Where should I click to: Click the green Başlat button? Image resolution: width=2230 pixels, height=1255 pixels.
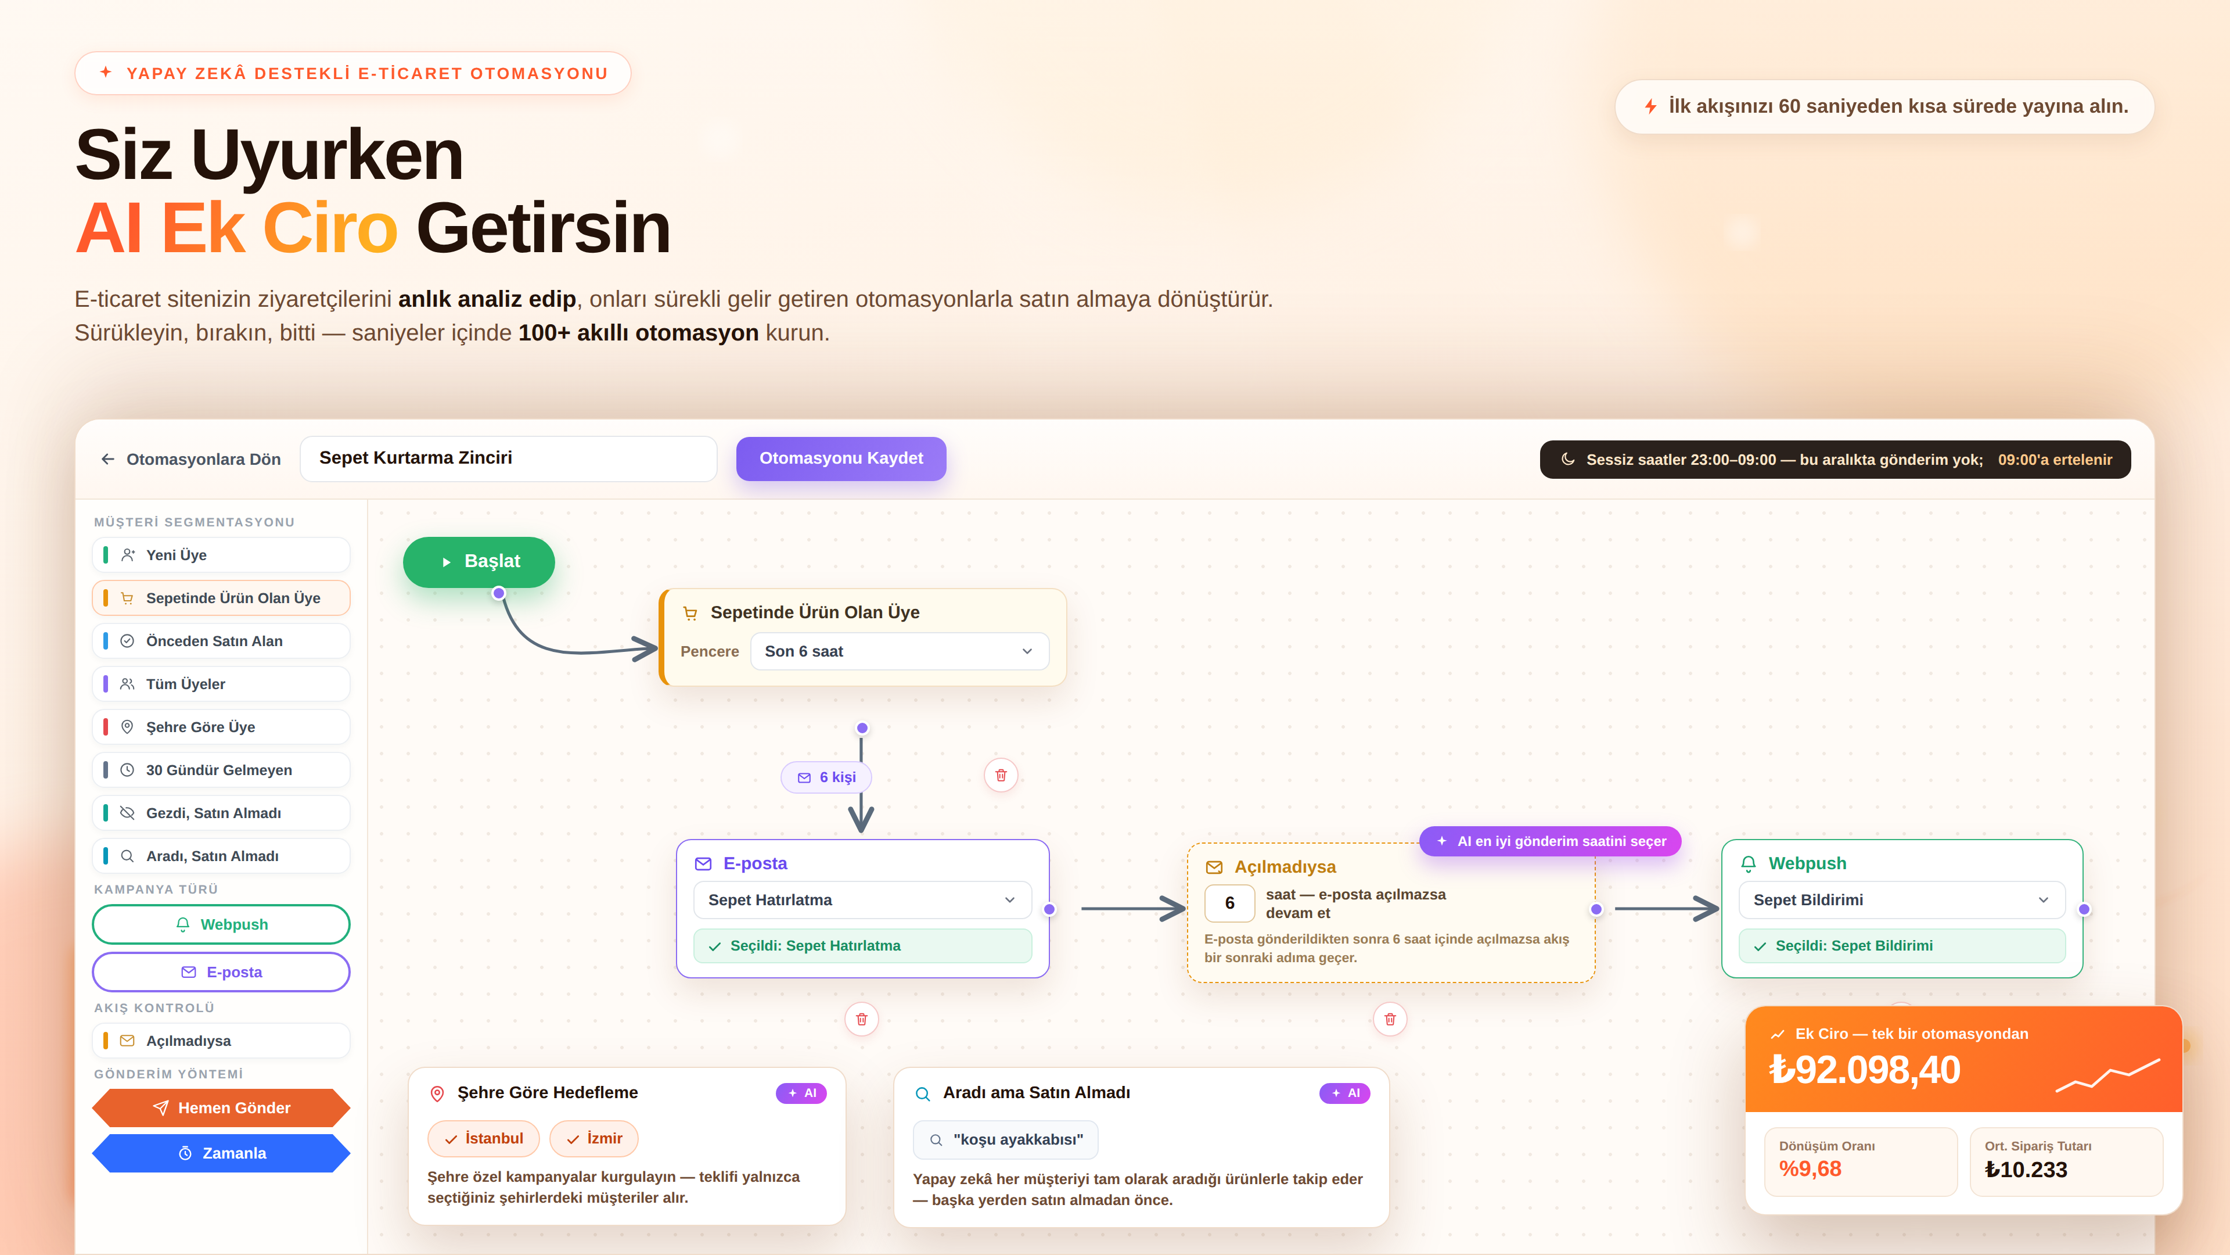coord(479,562)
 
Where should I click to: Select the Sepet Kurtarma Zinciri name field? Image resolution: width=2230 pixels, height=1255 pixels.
coord(508,458)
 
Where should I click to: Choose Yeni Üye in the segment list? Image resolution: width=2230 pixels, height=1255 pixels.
coord(221,555)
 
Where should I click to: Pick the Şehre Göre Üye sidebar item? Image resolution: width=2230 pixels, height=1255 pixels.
coord(221,727)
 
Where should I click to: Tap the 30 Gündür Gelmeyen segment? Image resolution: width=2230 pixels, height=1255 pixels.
coord(221,770)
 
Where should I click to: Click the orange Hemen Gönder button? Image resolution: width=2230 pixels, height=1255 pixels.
coord(221,1108)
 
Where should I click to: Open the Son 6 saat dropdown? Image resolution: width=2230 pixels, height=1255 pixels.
coord(900,651)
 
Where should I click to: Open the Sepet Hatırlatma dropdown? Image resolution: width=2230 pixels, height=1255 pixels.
coord(862,900)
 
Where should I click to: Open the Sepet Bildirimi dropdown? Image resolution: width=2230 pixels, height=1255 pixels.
coord(1902,900)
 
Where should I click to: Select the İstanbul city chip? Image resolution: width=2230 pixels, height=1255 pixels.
coord(483,1139)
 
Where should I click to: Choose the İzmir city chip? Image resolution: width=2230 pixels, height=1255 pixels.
coord(594,1139)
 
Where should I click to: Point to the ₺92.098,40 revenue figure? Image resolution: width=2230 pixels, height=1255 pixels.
coord(1865,1070)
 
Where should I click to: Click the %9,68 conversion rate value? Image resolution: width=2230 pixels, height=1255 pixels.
coord(1810,1169)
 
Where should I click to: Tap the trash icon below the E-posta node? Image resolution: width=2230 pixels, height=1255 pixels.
coord(861,1020)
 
